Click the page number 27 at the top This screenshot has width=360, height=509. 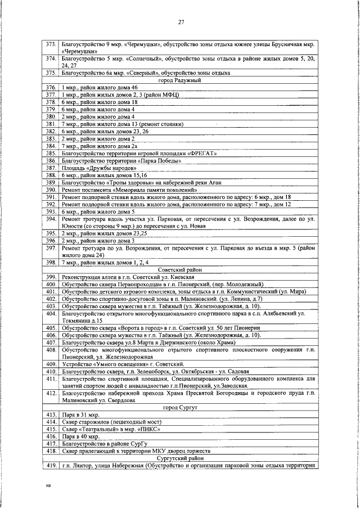click(181, 22)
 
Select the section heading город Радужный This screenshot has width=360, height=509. click(181, 80)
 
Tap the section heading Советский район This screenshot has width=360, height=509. click(180, 270)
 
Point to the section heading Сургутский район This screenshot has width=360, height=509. click(180, 458)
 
